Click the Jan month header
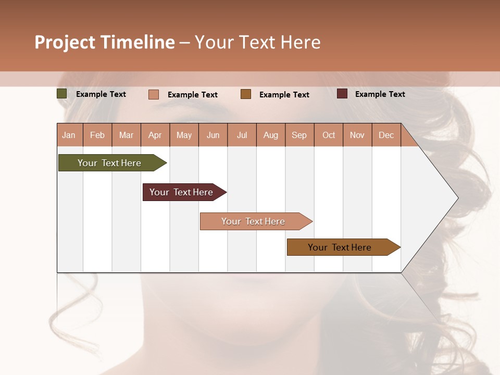pyautogui.click(x=69, y=135)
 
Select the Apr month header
pyautogui.click(x=155, y=135)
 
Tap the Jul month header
pyautogui.click(x=242, y=135)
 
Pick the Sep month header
pyautogui.click(x=299, y=135)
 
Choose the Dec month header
pyautogui.click(x=386, y=135)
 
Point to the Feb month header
pyautogui.click(x=97, y=135)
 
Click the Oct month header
pyautogui.click(x=329, y=135)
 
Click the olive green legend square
pyautogui.click(x=61, y=94)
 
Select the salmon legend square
pyautogui.click(x=154, y=94)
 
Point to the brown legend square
pyautogui.click(x=246, y=94)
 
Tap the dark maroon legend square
pyautogui.click(x=342, y=94)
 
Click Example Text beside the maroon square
pyautogui.click(x=380, y=94)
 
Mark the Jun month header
pyautogui.click(x=213, y=135)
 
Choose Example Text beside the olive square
pyautogui.click(x=101, y=94)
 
